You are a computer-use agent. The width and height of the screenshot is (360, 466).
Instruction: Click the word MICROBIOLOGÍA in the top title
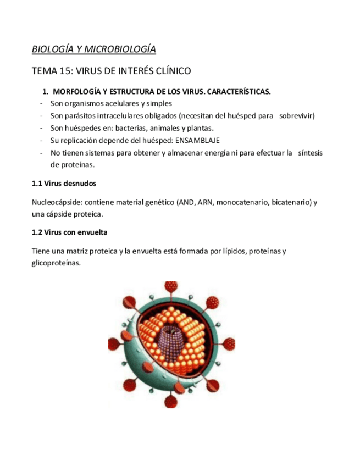120,49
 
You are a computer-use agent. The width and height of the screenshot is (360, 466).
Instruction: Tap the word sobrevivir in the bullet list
297,115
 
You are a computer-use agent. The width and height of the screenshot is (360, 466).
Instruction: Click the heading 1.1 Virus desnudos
64,183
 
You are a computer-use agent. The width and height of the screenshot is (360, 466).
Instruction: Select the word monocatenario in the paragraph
242,202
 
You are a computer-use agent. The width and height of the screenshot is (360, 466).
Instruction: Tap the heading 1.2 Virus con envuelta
70,232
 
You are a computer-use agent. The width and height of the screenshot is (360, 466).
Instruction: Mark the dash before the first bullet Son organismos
42,103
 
